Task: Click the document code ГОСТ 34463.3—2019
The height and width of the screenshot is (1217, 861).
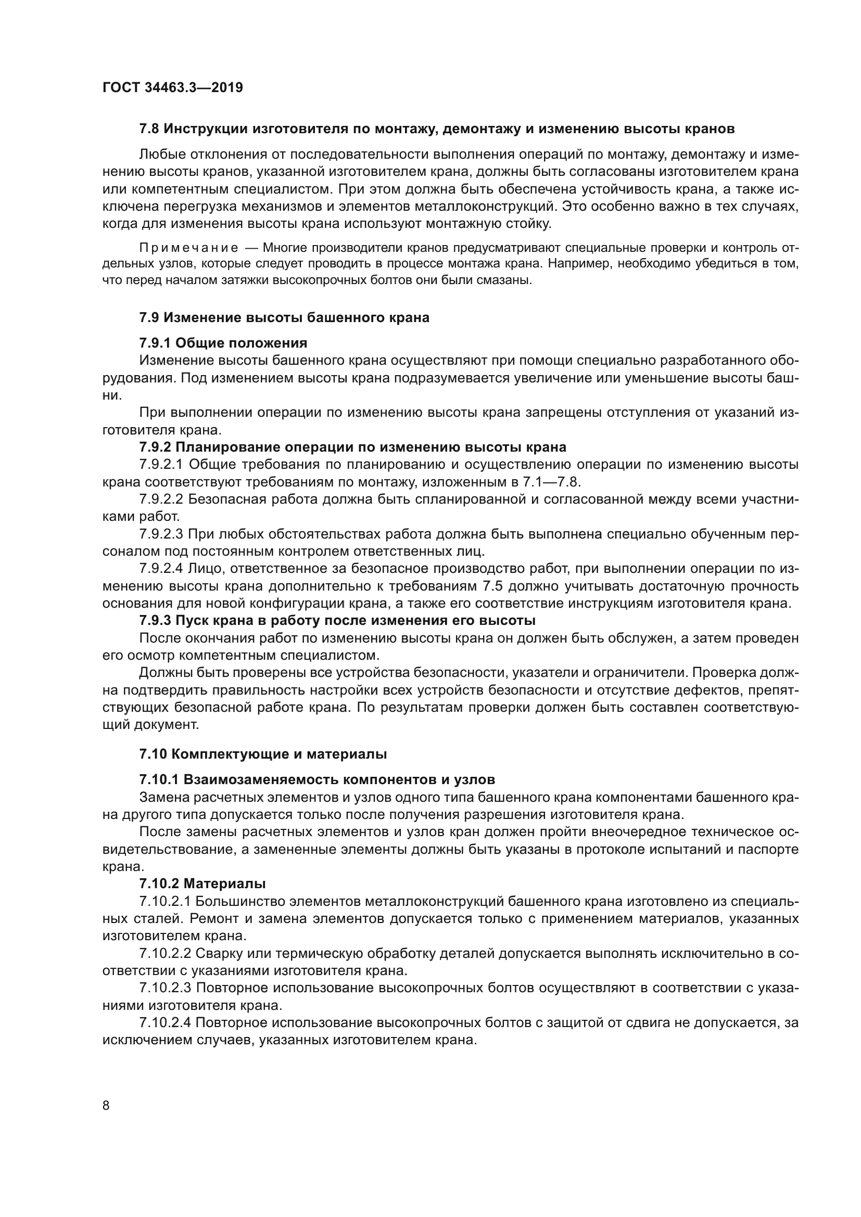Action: (172, 87)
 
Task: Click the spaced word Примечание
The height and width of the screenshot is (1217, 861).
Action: (188, 248)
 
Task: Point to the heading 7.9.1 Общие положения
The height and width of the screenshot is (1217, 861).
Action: (223, 343)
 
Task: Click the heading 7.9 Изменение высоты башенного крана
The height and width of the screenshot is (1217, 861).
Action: (284, 317)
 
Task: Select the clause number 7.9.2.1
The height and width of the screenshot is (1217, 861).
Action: (161, 465)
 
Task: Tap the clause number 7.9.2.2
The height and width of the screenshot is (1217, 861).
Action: (161, 499)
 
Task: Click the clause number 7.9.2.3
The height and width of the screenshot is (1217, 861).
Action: (161, 534)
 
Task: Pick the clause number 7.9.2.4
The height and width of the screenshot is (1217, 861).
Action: (161, 569)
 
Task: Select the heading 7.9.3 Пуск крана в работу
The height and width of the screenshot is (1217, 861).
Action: (337, 620)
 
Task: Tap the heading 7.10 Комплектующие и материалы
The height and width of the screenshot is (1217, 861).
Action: (263, 754)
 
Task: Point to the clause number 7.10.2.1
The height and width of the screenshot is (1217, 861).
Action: (165, 901)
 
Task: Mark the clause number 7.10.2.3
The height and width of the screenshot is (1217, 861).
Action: (165, 988)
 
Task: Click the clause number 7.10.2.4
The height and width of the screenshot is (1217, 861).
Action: (165, 1023)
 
